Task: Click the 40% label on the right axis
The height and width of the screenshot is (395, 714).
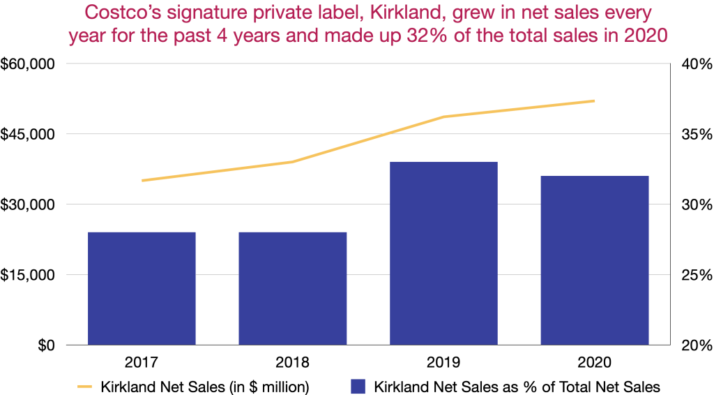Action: (x=694, y=64)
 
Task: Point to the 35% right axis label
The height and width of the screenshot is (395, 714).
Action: (x=694, y=135)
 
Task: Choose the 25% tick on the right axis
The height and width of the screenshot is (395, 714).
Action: (x=694, y=275)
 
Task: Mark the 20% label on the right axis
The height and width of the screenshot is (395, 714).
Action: (x=694, y=345)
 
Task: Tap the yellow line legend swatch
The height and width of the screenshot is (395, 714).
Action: (x=84, y=385)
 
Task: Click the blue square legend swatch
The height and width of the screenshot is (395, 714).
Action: (x=358, y=385)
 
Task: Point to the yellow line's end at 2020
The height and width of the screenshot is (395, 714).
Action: (x=594, y=101)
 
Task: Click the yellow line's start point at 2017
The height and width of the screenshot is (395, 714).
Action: (x=142, y=180)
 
